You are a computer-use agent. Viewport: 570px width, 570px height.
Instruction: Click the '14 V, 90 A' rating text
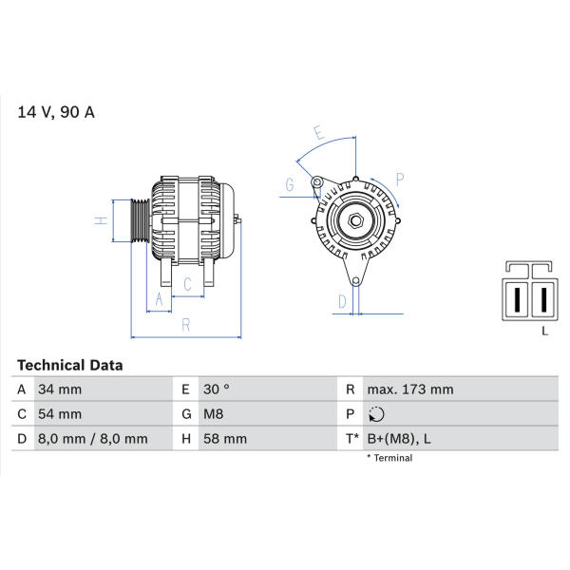(56, 112)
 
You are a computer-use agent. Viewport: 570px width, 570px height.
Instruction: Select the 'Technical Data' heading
(69, 365)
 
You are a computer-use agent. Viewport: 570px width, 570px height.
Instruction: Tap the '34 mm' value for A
(60, 389)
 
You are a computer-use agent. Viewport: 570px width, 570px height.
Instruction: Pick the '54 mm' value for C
(60, 414)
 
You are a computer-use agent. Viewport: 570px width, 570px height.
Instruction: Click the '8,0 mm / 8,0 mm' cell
(93, 439)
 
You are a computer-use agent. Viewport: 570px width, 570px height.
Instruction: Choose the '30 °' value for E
(217, 389)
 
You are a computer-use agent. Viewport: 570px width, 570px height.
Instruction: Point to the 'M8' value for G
(214, 414)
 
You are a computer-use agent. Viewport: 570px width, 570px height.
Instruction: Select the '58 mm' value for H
(225, 439)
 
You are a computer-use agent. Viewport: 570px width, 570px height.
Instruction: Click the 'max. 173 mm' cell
(410, 389)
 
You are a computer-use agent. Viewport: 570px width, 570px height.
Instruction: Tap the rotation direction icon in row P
(376, 414)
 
